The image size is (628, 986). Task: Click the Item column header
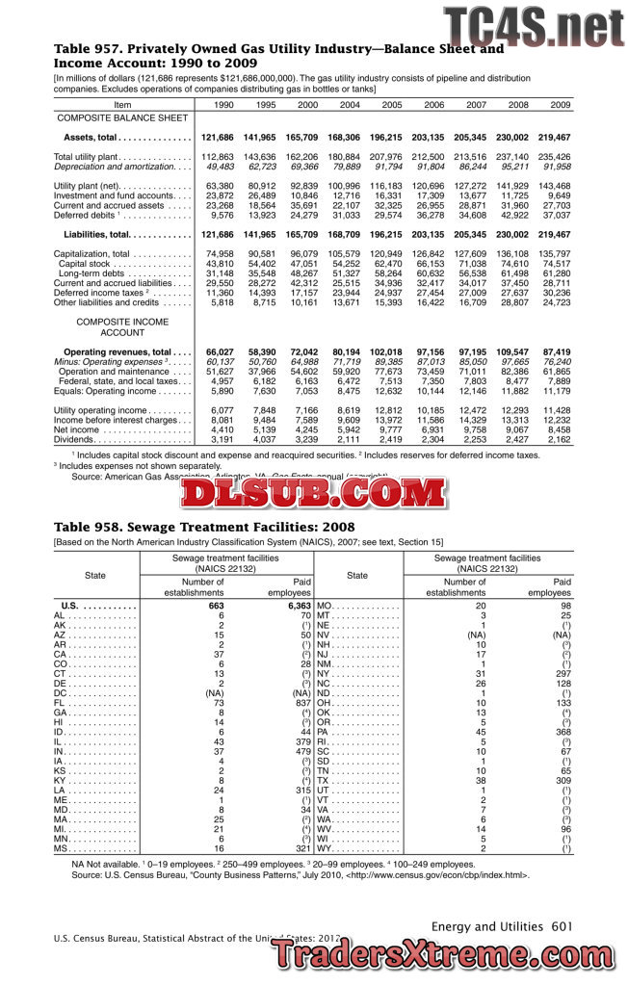click(x=122, y=104)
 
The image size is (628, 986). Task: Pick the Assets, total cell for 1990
click(x=218, y=138)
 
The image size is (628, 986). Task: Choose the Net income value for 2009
click(x=556, y=428)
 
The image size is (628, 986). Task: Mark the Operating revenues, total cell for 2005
click(x=386, y=352)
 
